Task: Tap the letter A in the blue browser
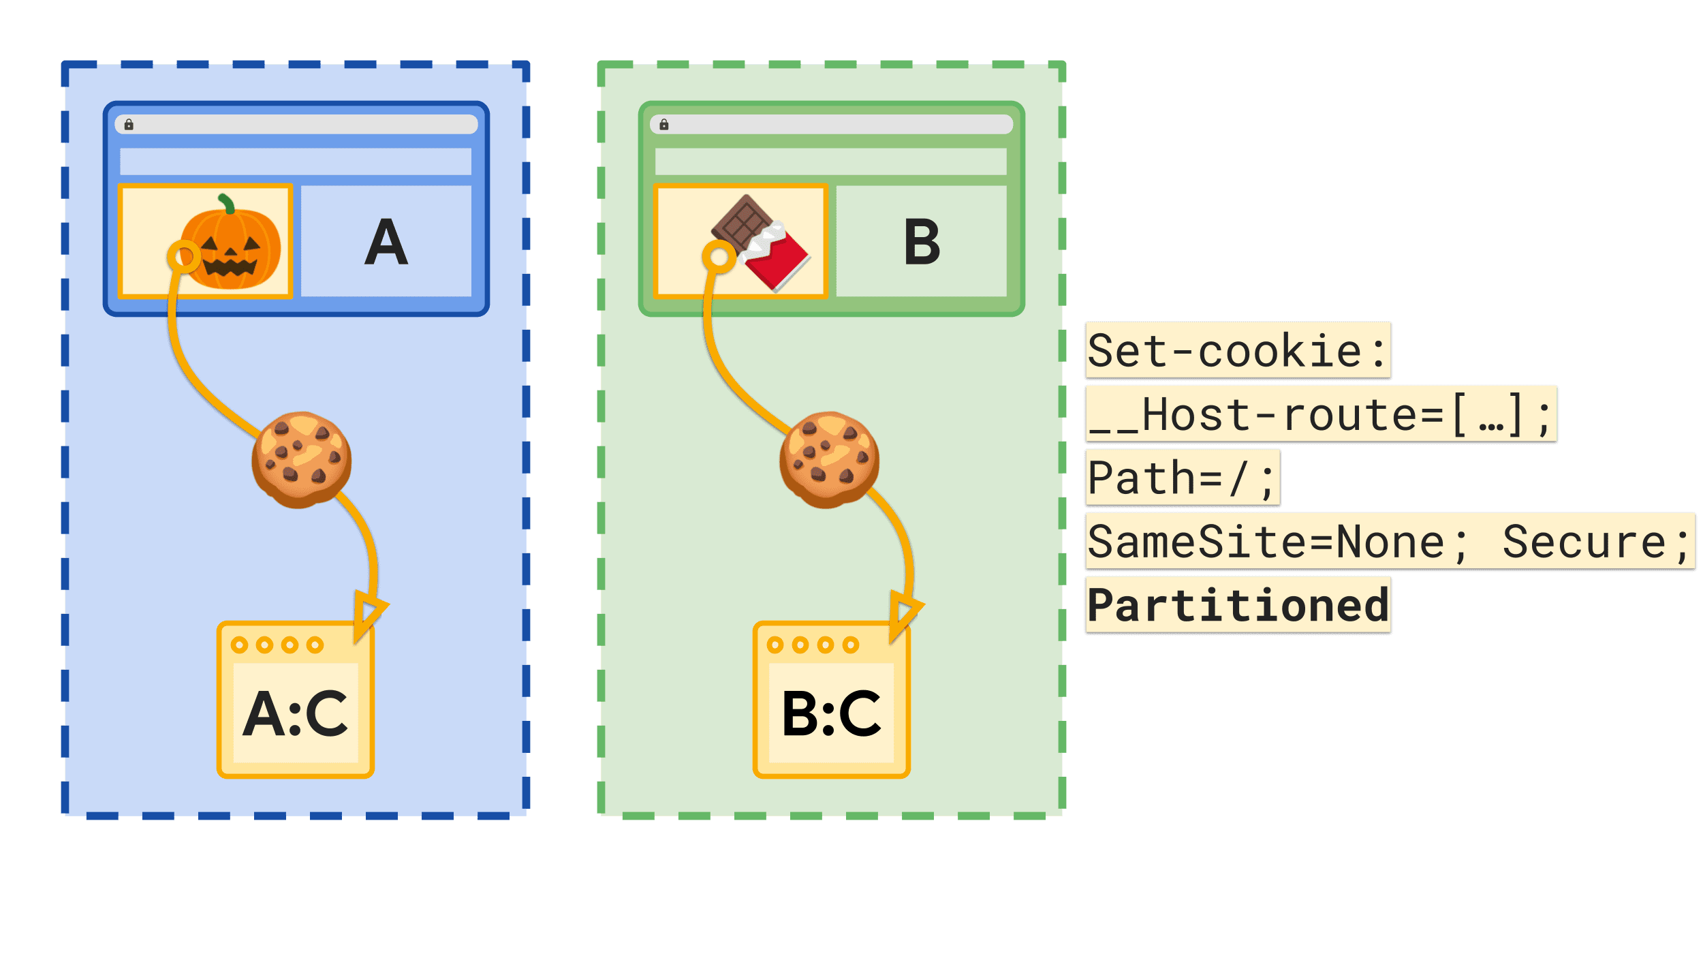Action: tap(386, 243)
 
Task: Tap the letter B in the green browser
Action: tap(922, 243)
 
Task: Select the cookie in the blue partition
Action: tap(302, 459)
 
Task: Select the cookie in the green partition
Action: tap(829, 459)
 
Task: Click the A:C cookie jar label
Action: tap(296, 713)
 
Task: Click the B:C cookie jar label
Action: tap(832, 713)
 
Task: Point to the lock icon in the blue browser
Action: tap(129, 125)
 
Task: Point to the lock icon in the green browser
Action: tap(664, 125)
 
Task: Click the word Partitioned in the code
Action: tap(1238, 605)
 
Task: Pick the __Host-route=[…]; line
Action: tap(1320, 414)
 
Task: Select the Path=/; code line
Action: tap(1182, 478)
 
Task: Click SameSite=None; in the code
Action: tap(1278, 542)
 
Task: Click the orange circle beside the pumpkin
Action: tap(184, 257)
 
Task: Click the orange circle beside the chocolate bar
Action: tap(719, 257)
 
